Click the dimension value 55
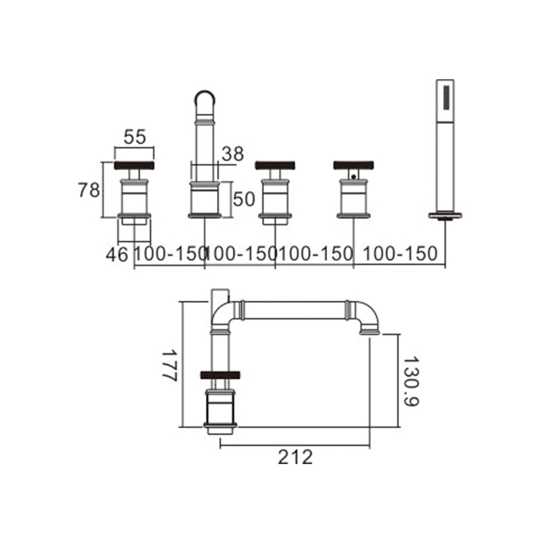point(135,137)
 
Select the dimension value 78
point(89,190)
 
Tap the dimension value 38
point(232,154)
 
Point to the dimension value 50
point(244,199)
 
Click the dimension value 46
point(117,255)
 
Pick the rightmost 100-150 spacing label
point(400,253)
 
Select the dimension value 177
point(170,366)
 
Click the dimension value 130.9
point(411,381)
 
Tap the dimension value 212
point(295,457)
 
